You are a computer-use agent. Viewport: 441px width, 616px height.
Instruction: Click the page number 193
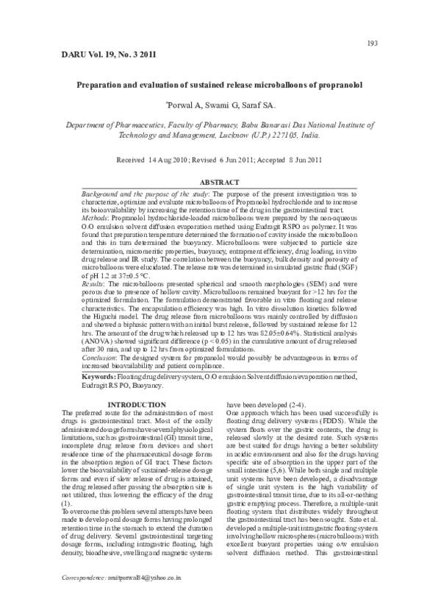click(x=371, y=43)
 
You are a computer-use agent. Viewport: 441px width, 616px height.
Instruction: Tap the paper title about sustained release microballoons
click(x=220, y=85)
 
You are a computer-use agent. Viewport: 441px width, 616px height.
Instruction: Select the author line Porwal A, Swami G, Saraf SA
click(x=220, y=106)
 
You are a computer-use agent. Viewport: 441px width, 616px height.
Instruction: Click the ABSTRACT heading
click(x=220, y=183)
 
